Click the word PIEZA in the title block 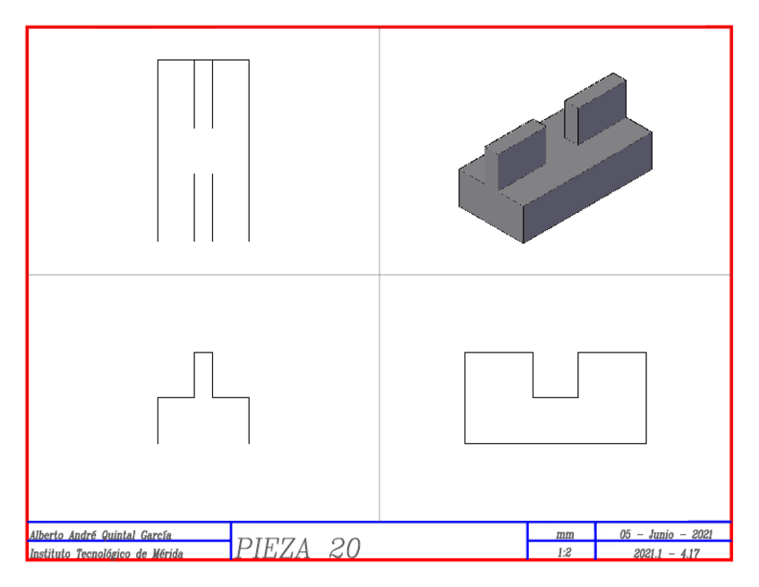tap(273, 549)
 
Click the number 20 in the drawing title tap(345, 549)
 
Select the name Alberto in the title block tap(47, 535)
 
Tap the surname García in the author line tap(156, 535)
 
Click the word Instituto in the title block tap(51, 553)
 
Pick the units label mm tap(565, 535)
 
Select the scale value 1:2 tap(565, 553)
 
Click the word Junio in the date tap(661, 534)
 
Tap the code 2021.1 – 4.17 tap(667, 553)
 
